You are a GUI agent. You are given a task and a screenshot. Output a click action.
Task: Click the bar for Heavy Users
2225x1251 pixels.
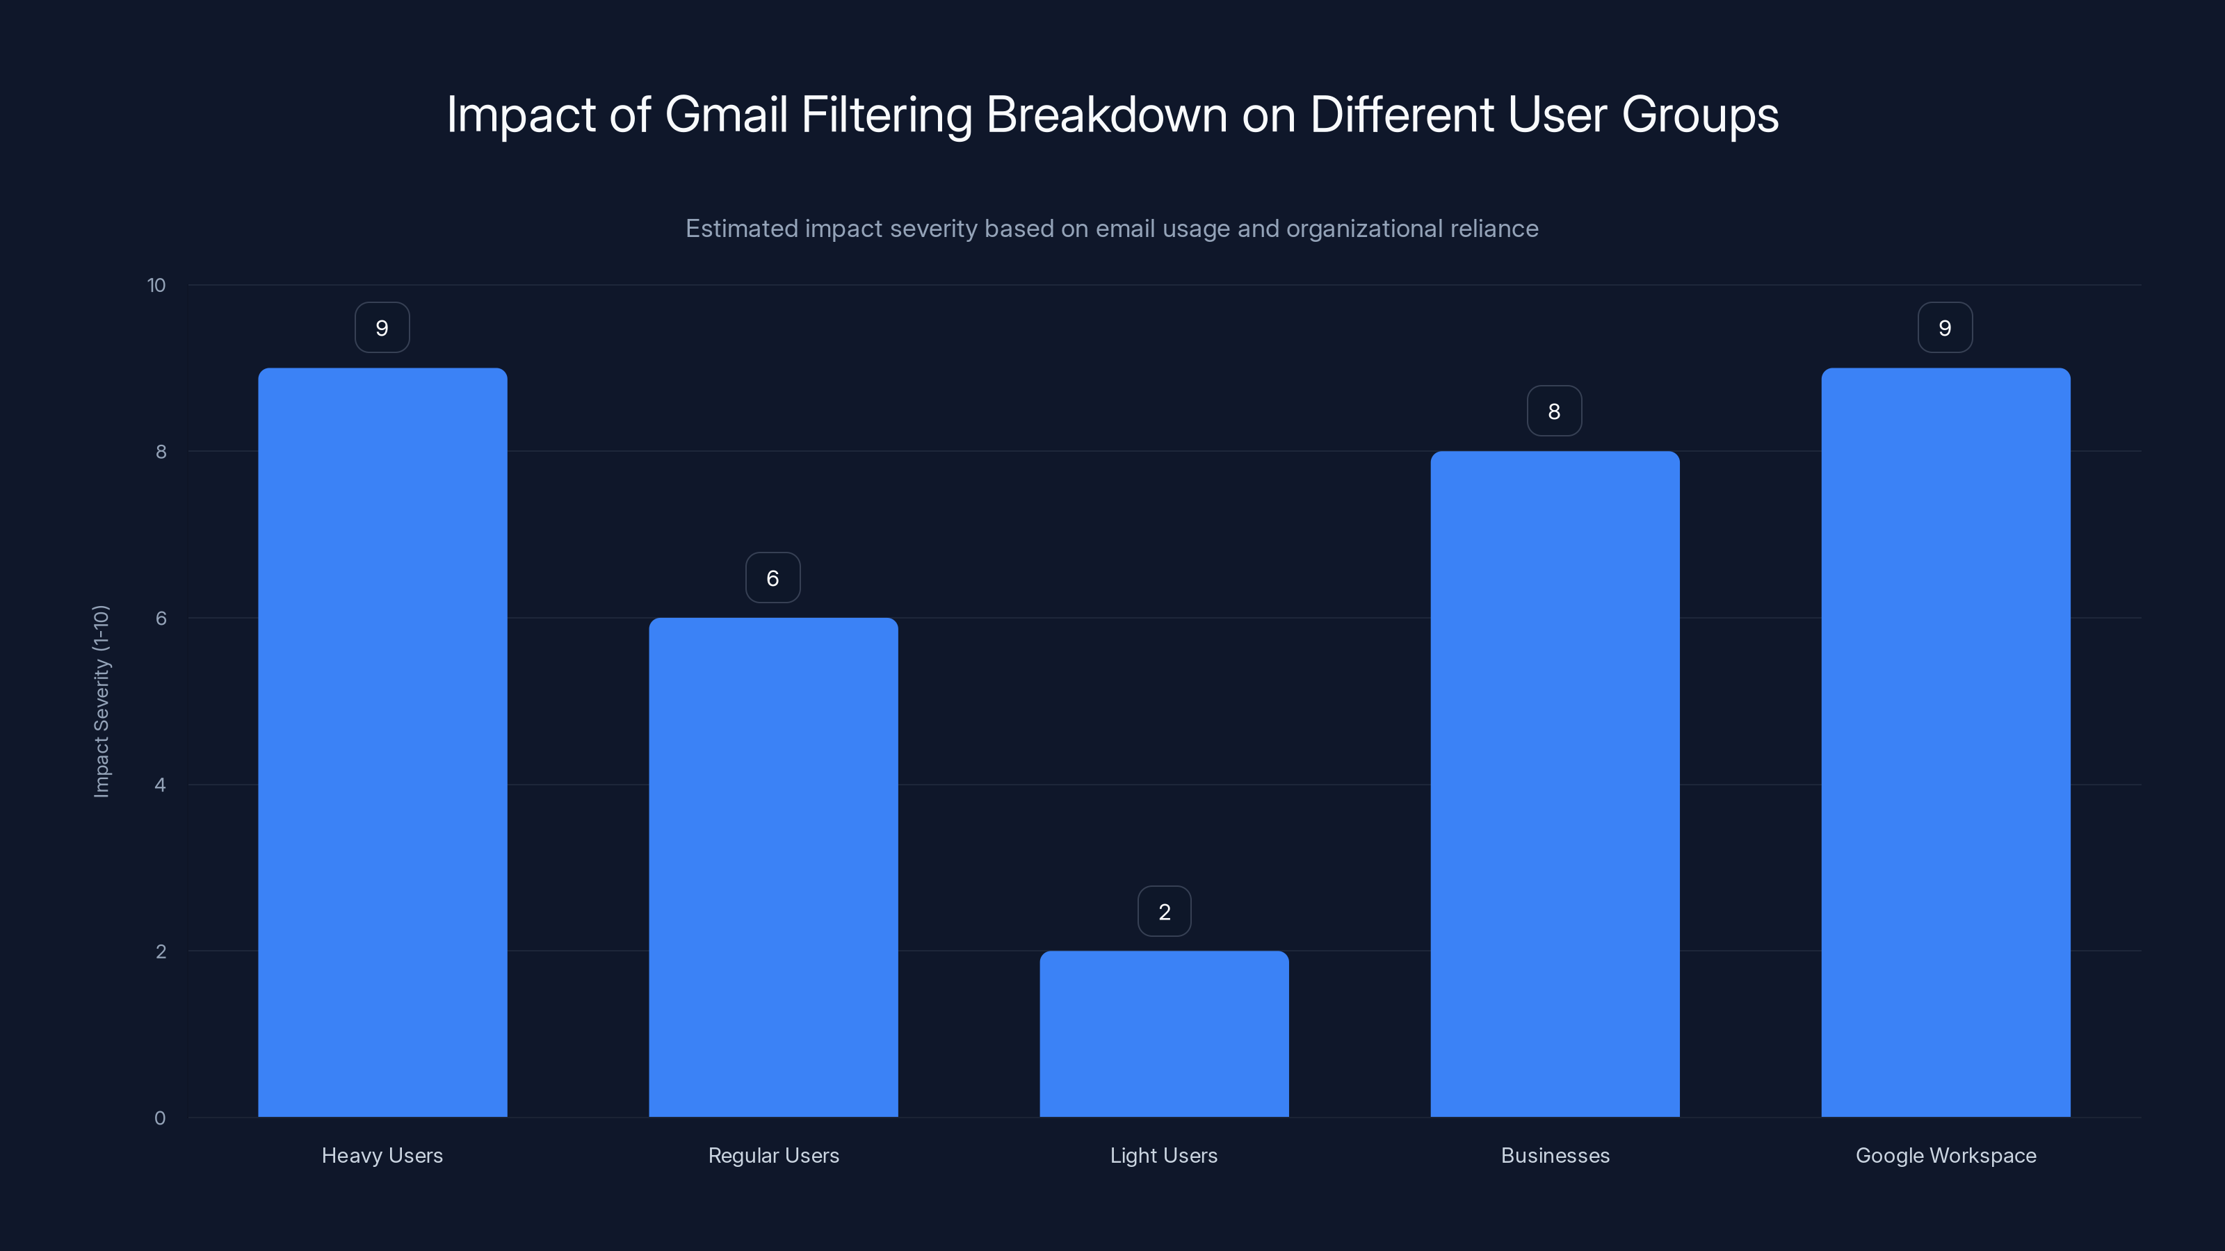click(x=382, y=742)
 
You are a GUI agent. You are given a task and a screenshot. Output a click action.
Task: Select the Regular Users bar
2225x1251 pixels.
click(x=773, y=867)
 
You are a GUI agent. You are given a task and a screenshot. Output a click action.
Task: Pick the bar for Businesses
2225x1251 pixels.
click(x=1555, y=784)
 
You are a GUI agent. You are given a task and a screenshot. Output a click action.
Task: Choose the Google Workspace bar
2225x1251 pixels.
click(x=1945, y=742)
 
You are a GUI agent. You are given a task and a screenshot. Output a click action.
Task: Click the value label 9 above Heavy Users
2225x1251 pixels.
click(x=382, y=328)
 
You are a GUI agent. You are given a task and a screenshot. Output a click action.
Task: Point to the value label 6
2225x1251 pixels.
click(x=773, y=578)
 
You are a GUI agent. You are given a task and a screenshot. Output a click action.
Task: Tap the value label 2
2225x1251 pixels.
click(x=1165, y=912)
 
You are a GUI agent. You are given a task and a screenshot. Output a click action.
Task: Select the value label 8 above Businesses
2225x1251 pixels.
click(x=1554, y=411)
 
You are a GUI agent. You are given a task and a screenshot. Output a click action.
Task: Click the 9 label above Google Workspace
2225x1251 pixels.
click(x=1945, y=328)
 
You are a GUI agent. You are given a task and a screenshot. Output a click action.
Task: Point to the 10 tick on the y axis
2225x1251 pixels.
click(x=156, y=285)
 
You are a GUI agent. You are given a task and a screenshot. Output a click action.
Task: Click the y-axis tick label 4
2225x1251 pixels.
click(x=161, y=785)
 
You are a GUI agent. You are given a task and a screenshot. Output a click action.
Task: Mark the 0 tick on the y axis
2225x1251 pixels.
click(x=161, y=1118)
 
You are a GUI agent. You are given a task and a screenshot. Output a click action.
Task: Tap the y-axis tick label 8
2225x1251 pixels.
click(x=161, y=452)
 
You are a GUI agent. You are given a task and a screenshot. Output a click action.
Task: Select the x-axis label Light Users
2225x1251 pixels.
click(x=1163, y=1155)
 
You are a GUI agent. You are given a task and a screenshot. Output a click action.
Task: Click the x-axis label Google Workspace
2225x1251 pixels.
click(x=1945, y=1155)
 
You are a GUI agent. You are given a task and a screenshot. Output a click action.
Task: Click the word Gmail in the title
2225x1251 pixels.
click(x=725, y=114)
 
